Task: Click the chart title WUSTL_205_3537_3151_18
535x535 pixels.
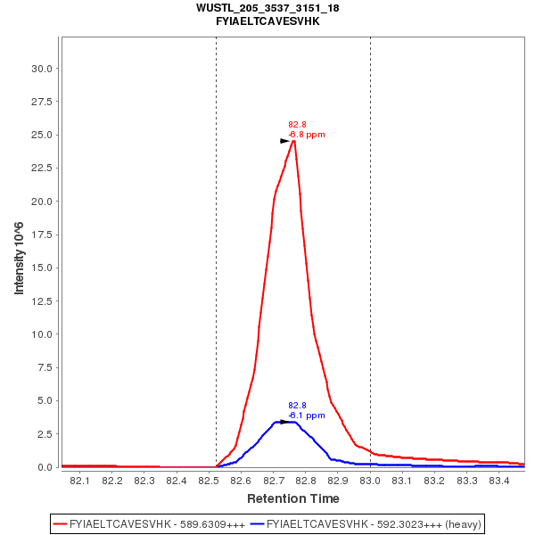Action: (267, 8)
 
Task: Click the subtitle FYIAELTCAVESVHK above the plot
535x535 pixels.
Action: (267, 21)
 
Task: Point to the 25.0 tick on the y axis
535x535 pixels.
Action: (45, 135)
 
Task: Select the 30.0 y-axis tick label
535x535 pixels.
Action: (45, 69)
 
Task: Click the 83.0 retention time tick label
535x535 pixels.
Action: (370, 481)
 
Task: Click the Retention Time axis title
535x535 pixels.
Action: (292, 498)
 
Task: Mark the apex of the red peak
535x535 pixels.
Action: (293, 139)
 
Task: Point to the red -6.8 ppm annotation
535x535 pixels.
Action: (307, 135)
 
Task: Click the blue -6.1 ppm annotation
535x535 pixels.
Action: (307, 416)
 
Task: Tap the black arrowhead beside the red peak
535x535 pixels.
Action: (284, 141)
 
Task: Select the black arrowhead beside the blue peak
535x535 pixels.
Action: (284, 422)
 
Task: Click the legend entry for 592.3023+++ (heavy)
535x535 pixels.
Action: (374, 523)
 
